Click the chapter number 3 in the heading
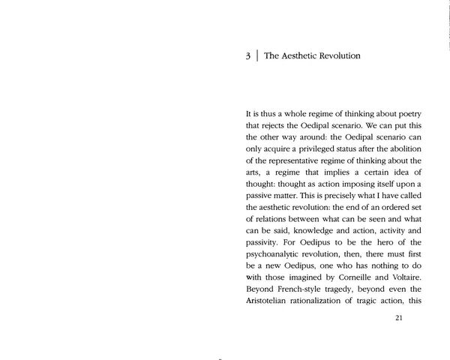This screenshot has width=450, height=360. [x=247, y=56]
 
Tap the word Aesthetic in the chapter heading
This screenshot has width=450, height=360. [x=304, y=55]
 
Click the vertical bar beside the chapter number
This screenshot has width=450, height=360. [x=256, y=56]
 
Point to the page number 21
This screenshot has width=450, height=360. [x=398, y=317]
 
